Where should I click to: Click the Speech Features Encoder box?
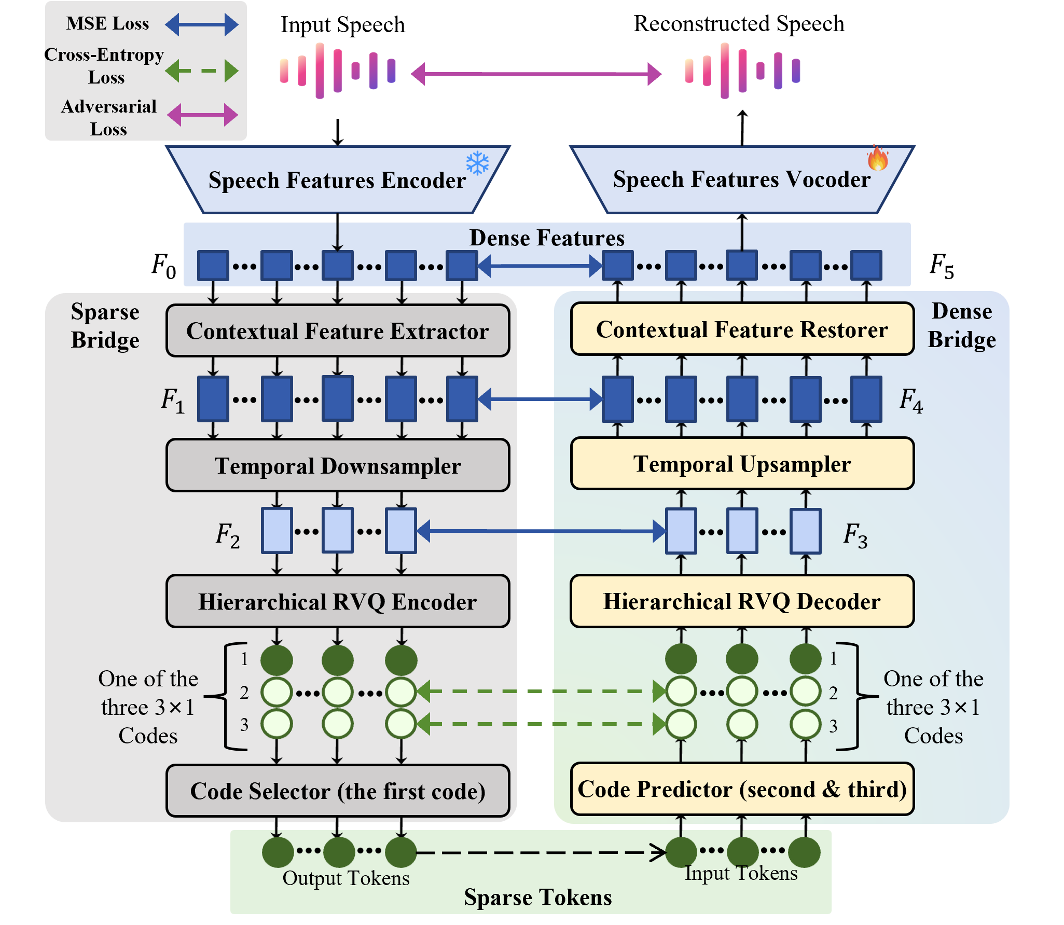[337, 180]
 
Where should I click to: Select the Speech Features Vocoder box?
[742, 179]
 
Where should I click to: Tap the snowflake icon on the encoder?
[477, 163]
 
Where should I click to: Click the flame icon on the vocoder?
[878, 158]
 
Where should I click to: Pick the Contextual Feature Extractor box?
[338, 331]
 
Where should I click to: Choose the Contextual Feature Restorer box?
[742, 329]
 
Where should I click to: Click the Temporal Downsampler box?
[338, 465]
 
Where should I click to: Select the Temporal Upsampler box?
[742, 464]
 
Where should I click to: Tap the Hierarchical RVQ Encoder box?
[338, 601]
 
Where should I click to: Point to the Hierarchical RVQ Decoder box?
[742, 601]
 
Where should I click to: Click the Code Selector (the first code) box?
[338, 791]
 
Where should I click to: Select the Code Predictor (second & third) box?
[742, 789]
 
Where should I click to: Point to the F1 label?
[172, 401]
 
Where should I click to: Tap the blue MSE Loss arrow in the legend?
[202, 24]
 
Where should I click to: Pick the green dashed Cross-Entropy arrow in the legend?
[202, 71]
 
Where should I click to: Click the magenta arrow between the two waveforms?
[536, 74]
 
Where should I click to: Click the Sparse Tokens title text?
[537, 897]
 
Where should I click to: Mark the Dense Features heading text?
[547, 238]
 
